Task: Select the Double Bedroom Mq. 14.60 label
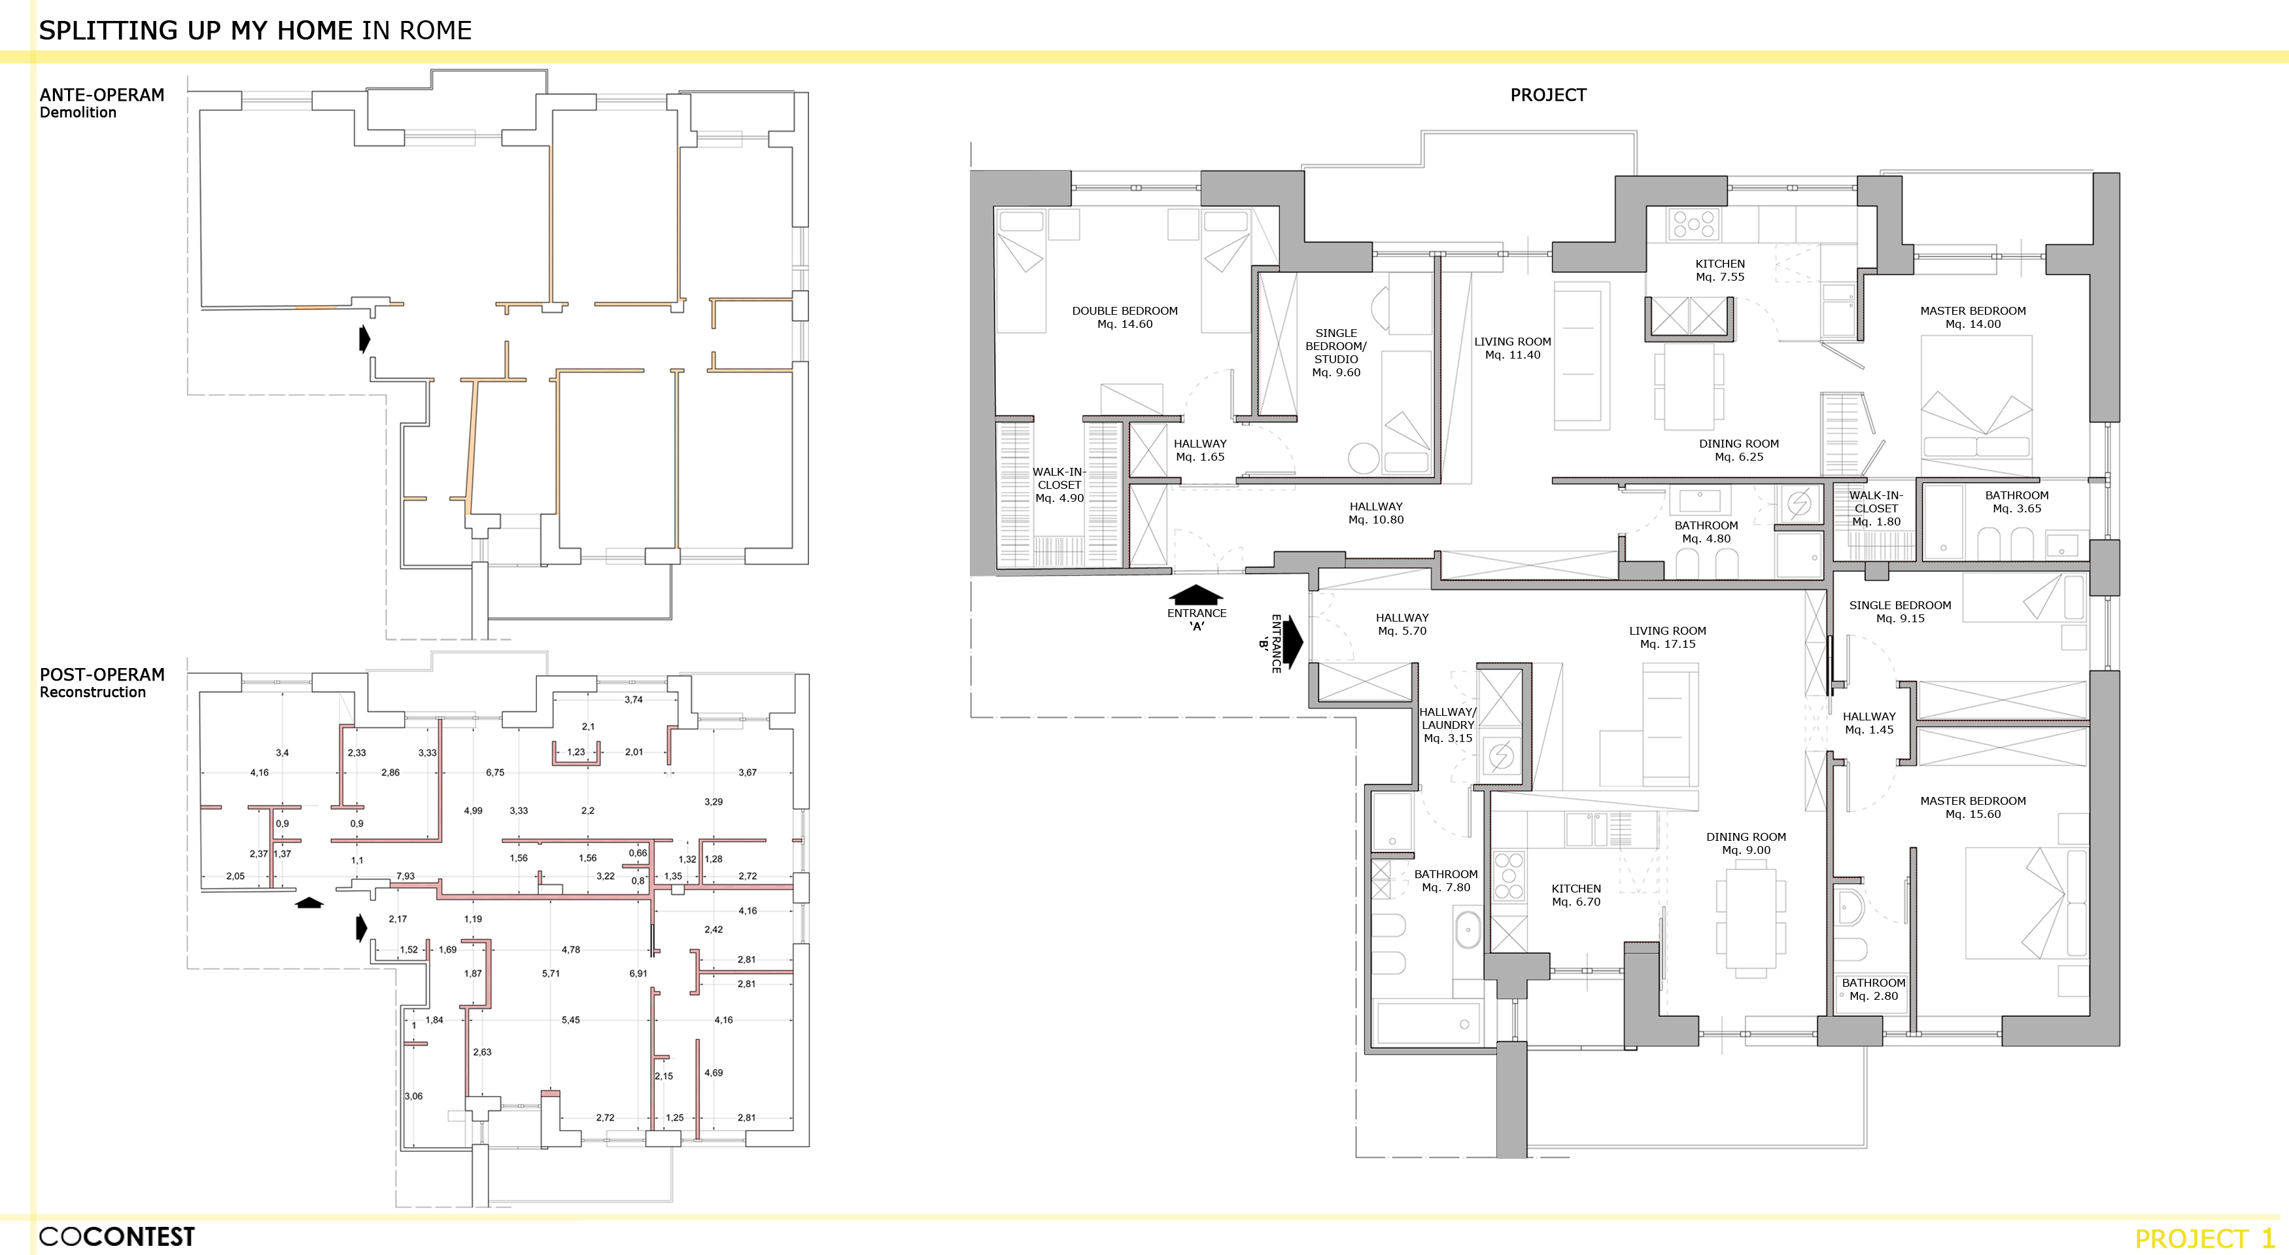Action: pos(1125,317)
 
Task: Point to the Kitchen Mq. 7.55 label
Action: pos(1719,270)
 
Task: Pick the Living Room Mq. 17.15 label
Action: pos(1667,637)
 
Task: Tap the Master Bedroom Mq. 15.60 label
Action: pos(1972,807)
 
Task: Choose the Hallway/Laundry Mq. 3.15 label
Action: pos(1447,725)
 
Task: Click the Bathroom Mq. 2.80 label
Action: pos(1873,989)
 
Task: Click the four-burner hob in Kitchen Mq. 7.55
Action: pos(1694,223)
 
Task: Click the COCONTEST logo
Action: pos(116,1236)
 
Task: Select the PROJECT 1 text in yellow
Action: pos(2205,1238)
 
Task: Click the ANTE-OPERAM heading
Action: pos(102,95)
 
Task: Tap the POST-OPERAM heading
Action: pos(102,675)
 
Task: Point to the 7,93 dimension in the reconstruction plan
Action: pos(405,876)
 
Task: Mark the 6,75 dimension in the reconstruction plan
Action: pos(495,772)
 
